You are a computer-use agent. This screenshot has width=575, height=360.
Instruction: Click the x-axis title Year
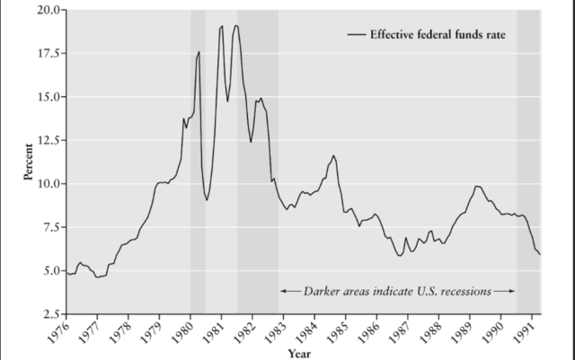300,353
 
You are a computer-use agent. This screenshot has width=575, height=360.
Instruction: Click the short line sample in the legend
356,34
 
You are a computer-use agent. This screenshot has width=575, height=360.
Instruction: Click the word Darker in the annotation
320,291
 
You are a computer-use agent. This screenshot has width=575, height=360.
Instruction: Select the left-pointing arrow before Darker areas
288,291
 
